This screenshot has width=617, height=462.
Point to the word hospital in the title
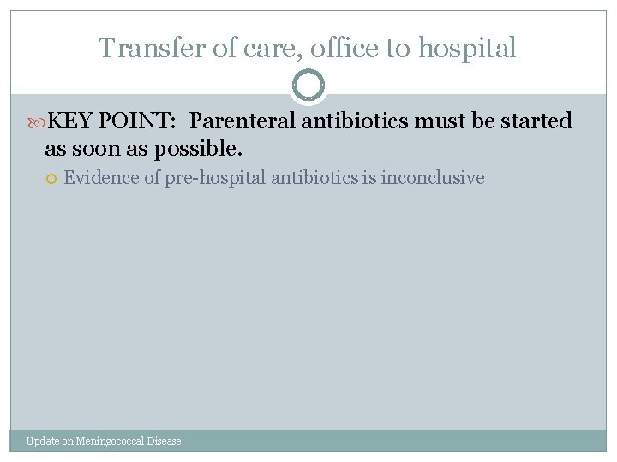(x=467, y=49)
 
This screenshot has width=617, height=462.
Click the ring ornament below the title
(x=308, y=86)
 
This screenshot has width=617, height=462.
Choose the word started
(x=536, y=121)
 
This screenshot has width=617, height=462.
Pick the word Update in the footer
(x=42, y=441)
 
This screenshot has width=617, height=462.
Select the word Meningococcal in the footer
(x=111, y=441)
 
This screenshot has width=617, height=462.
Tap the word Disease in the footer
(x=165, y=441)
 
